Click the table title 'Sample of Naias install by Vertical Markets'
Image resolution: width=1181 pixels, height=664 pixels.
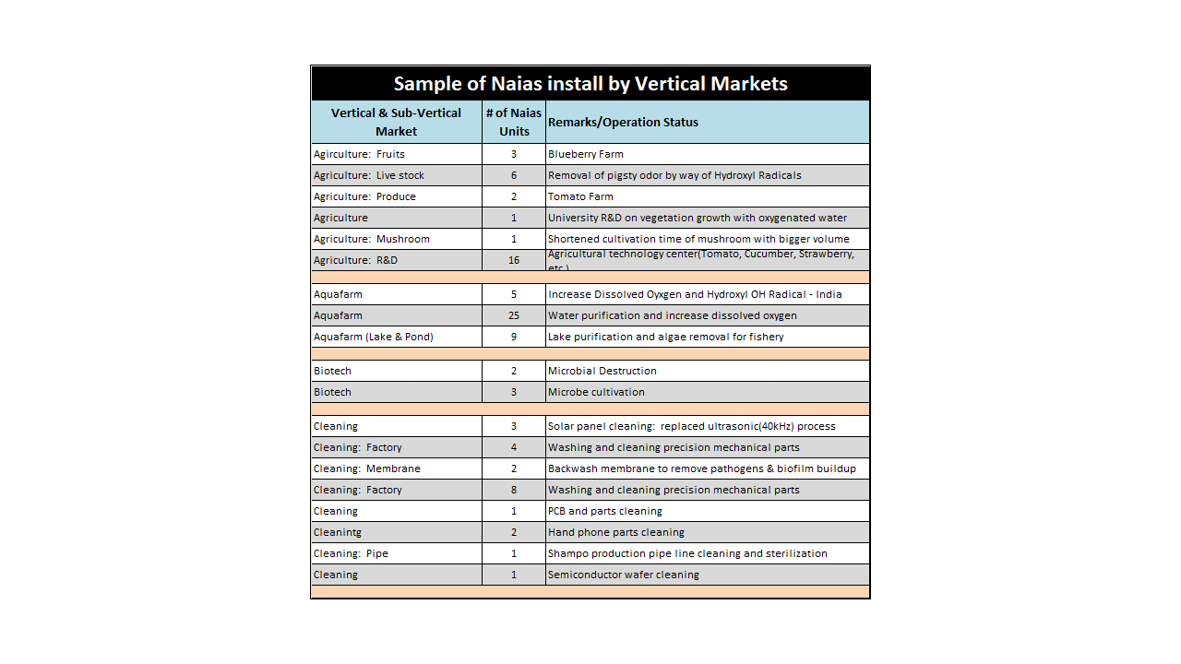[x=590, y=84]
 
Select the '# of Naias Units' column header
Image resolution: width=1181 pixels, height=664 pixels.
[x=514, y=122]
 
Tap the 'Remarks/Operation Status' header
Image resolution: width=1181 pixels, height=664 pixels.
[x=623, y=122]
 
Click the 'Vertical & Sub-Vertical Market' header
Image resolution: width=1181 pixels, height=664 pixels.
[x=396, y=122]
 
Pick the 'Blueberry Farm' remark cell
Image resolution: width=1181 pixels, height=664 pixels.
[x=585, y=154]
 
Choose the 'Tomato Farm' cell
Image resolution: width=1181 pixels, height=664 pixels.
[x=580, y=196]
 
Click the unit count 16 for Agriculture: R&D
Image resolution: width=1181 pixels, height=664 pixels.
[x=514, y=260]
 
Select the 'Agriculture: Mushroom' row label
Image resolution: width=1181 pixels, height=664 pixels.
[x=372, y=239]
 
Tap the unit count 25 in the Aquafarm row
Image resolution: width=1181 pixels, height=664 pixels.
[x=514, y=315]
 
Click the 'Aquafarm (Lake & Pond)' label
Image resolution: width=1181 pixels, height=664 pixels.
[x=374, y=337]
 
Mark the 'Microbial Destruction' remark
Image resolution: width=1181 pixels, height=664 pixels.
[x=602, y=371]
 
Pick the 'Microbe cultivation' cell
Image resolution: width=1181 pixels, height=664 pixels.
[x=596, y=392]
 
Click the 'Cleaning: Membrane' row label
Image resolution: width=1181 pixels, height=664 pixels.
[x=367, y=468]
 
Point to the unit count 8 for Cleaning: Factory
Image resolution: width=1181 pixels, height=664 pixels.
[x=514, y=490]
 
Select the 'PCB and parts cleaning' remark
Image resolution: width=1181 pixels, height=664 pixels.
[x=605, y=511]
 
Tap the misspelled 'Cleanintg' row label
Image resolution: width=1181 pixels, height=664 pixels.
[x=338, y=532]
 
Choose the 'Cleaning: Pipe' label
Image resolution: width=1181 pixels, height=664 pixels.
[x=351, y=553]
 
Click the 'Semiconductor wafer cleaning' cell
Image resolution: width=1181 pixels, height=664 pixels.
[x=624, y=575]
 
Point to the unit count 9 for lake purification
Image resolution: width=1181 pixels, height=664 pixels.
[x=514, y=337]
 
